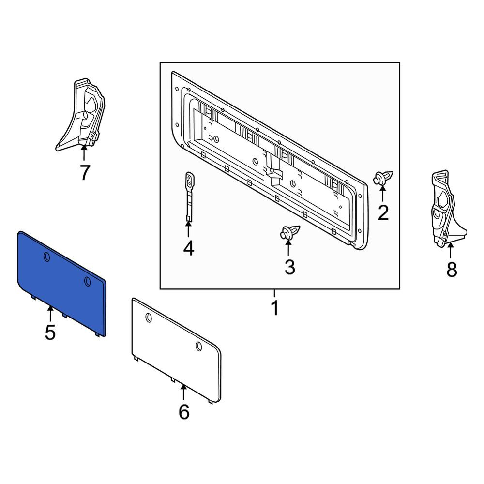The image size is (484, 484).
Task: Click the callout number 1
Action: click(x=274, y=307)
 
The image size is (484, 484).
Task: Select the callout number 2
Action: click(x=383, y=212)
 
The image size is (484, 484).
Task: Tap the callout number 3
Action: click(x=289, y=267)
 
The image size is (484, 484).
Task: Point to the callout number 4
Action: click(x=189, y=248)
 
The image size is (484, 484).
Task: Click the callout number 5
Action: click(x=50, y=333)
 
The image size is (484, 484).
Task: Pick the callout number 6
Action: click(x=184, y=412)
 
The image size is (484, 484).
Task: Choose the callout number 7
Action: click(x=85, y=172)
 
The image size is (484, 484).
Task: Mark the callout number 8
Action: click(x=452, y=270)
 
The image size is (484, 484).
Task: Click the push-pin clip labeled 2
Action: click(x=383, y=178)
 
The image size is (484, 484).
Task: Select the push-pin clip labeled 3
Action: click(x=289, y=232)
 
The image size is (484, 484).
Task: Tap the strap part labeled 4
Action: click(x=189, y=197)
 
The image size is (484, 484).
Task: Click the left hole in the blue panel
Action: click(x=47, y=257)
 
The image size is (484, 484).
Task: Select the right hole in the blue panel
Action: click(x=87, y=281)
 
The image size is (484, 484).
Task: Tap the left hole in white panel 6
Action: click(x=149, y=318)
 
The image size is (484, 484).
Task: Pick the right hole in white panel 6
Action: click(x=199, y=347)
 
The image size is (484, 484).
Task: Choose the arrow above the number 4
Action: click(x=188, y=229)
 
